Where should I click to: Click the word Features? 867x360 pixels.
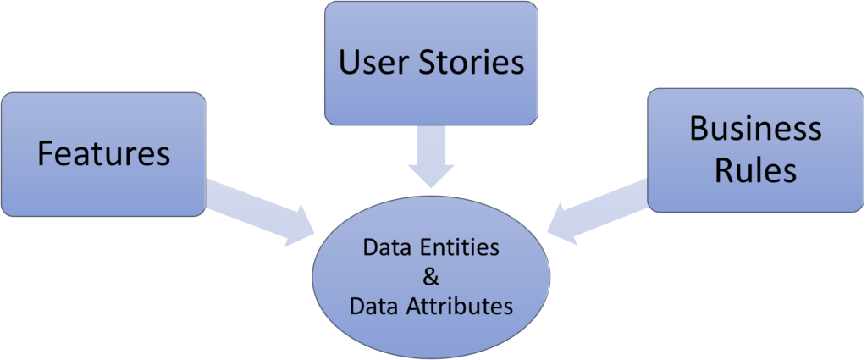pos(103,153)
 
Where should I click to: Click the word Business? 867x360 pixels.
pos(755,128)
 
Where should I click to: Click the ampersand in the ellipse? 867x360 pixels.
pos(430,276)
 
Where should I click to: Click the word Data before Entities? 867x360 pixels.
pos(384,248)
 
